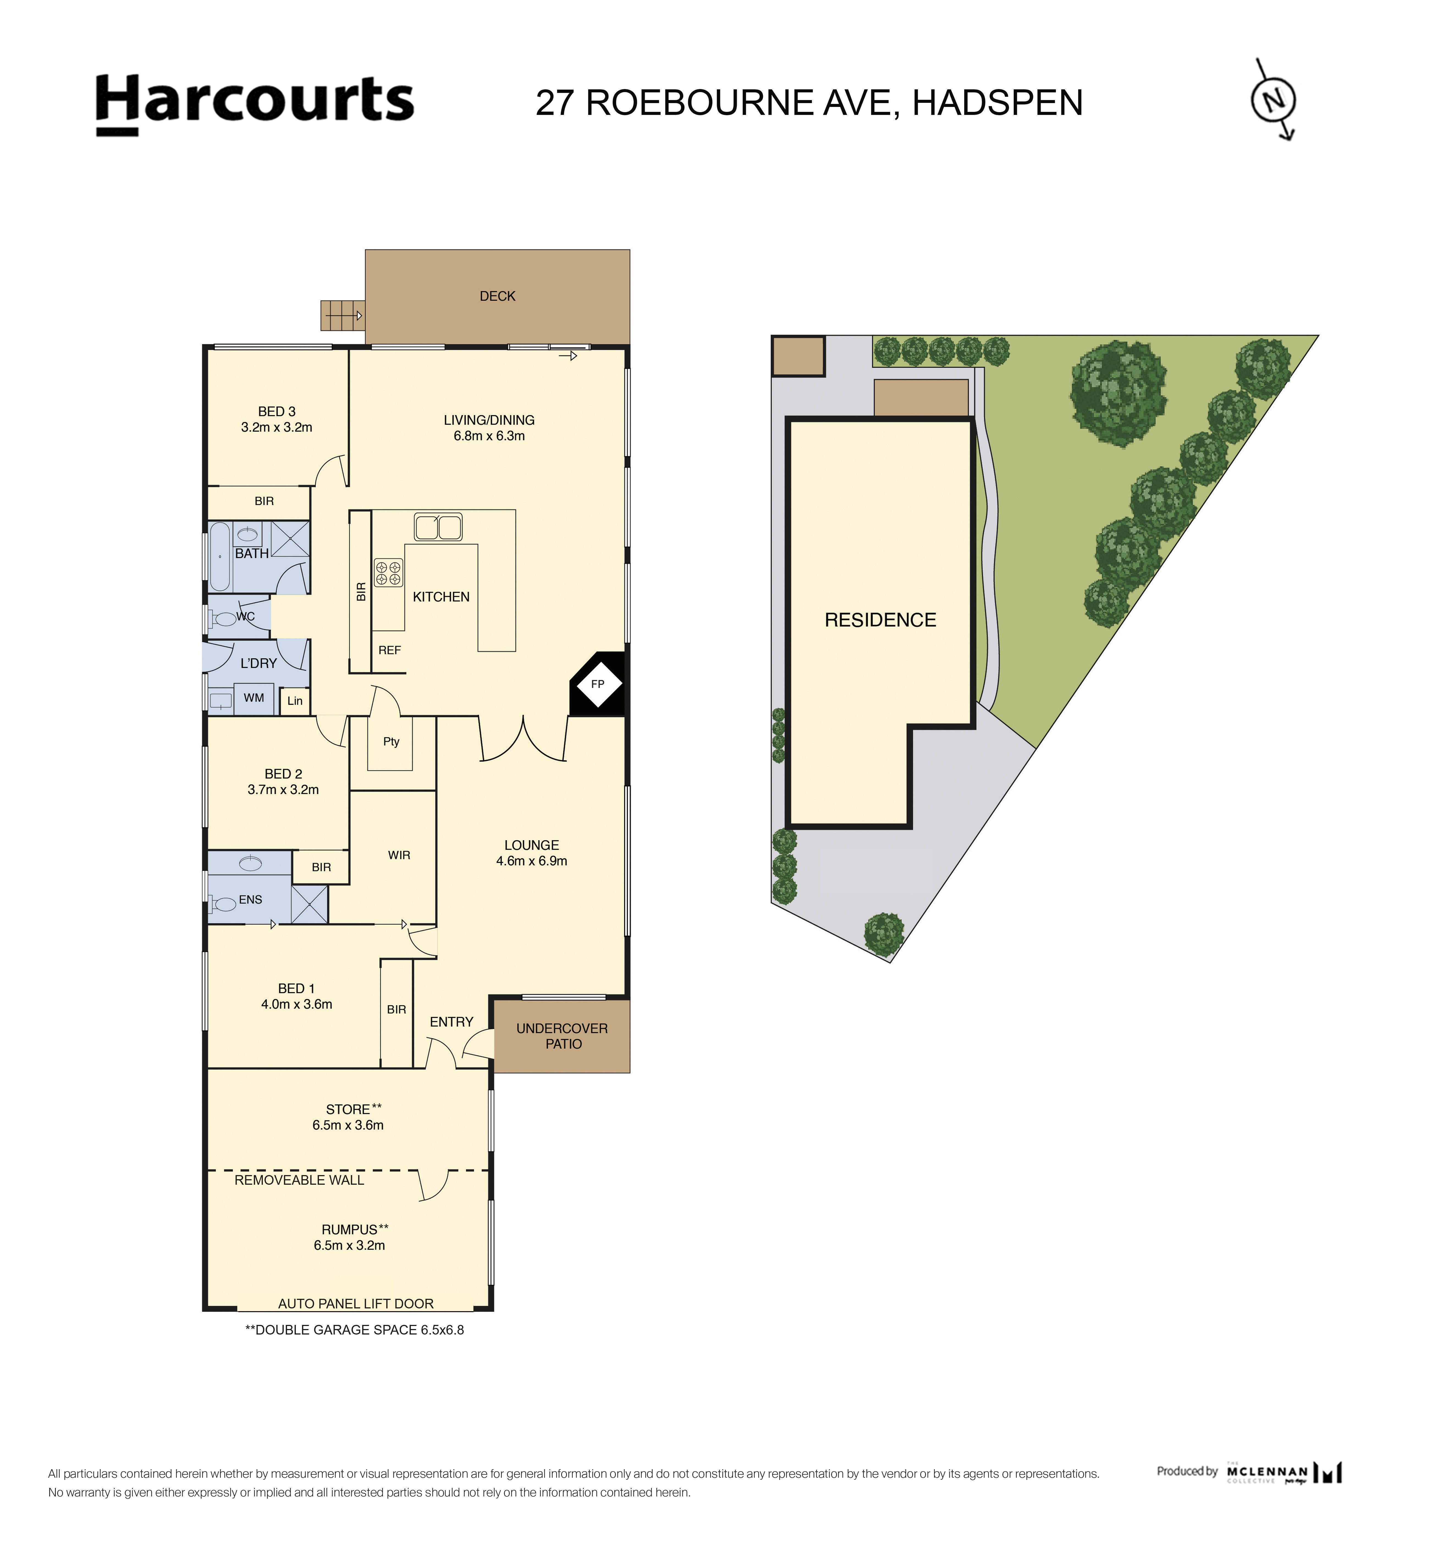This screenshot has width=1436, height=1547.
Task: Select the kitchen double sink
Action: click(x=438, y=527)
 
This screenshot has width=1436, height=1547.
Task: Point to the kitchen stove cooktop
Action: click(x=388, y=573)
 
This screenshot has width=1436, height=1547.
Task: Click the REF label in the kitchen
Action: click(x=389, y=650)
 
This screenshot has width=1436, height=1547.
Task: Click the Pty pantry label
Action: click(x=391, y=741)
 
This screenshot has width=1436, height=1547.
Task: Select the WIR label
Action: click(x=399, y=855)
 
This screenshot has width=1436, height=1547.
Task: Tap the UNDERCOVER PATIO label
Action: click(x=562, y=1036)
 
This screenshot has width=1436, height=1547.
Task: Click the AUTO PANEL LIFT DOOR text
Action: click(x=356, y=1303)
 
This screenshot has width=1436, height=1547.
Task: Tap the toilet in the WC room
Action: click(x=225, y=618)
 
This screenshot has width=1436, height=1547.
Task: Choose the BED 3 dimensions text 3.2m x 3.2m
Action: click(x=277, y=427)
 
